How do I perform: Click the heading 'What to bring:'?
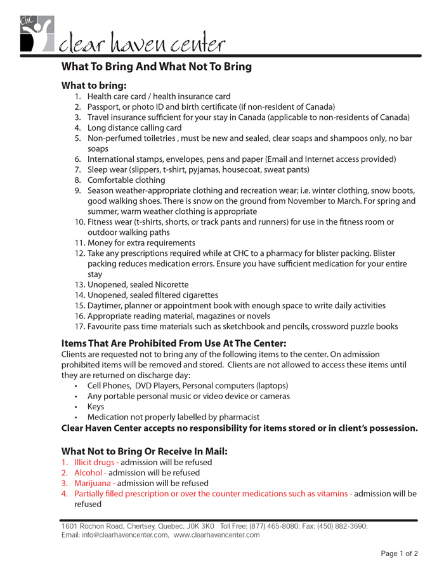[94, 85]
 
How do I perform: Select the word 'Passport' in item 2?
[104, 107]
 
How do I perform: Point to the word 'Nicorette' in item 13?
[169, 284]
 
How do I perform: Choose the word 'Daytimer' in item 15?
[106, 305]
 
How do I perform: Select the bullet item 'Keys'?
[96, 407]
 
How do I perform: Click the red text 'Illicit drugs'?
[95, 462]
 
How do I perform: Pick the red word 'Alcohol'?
[88, 473]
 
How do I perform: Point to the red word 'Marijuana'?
[93, 483]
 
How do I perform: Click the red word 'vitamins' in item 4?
[331, 494]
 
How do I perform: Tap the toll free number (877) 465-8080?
[275, 527]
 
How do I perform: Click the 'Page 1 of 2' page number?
[399, 553]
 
